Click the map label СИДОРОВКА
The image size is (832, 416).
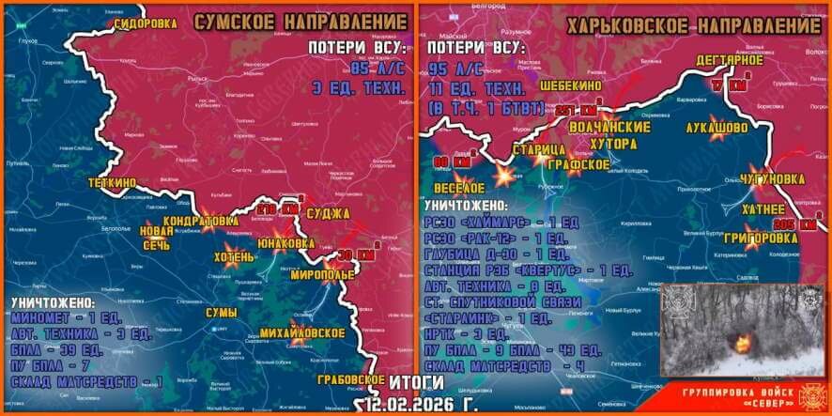tap(145, 25)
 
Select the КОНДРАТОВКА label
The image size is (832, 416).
tap(200, 221)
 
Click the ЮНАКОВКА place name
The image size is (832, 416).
tap(285, 241)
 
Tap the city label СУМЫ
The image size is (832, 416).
tap(222, 313)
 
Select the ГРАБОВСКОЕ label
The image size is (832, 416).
tap(351, 380)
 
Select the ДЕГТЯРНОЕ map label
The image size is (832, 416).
tap(729, 61)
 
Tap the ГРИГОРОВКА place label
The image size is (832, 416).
tap(761, 239)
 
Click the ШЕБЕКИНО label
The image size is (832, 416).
tap(570, 85)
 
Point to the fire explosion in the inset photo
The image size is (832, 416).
tap(743, 342)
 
